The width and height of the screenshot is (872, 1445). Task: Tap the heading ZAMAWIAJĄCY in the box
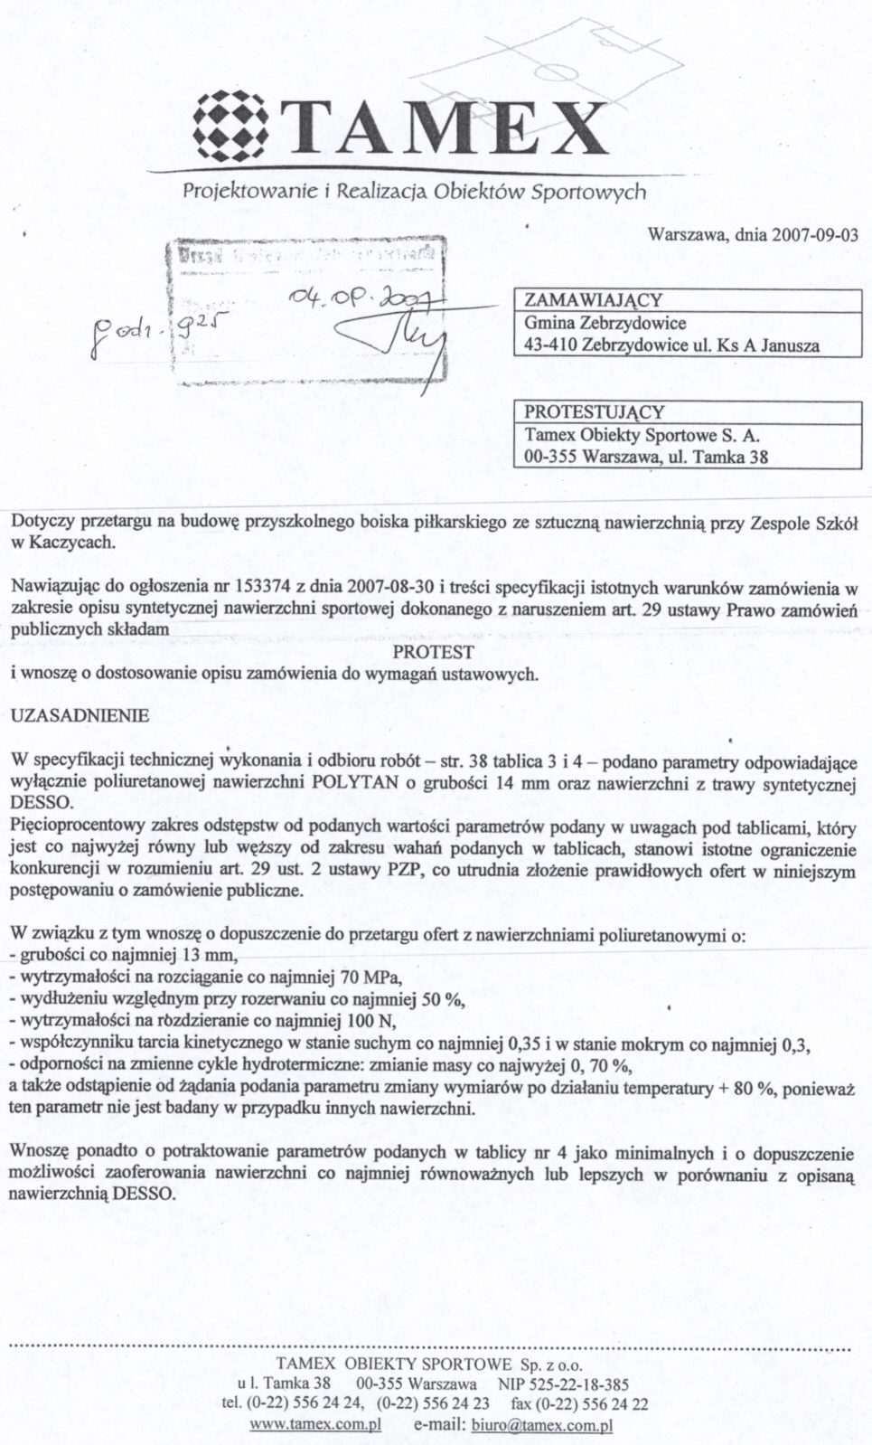(x=594, y=300)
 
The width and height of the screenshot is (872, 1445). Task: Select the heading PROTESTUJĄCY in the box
(x=595, y=412)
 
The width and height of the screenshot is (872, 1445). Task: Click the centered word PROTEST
(x=434, y=652)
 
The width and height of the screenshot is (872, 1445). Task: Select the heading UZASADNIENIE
(x=80, y=715)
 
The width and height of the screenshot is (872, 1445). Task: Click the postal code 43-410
(x=551, y=345)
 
